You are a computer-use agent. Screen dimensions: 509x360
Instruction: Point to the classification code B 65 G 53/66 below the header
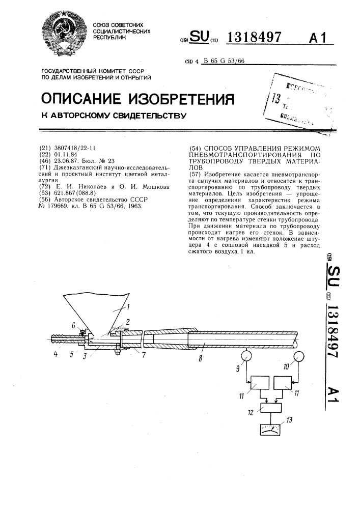(224, 61)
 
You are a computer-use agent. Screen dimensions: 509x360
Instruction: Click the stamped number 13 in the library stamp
(276, 98)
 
